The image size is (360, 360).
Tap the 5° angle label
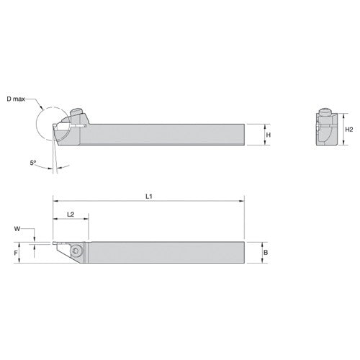(x=33, y=163)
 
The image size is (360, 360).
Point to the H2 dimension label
(x=349, y=130)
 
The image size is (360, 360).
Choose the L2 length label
(x=71, y=215)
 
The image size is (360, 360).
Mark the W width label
(x=17, y=230)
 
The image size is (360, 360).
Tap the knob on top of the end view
(x=325, y=113)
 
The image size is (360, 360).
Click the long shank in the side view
(x=166, y=135)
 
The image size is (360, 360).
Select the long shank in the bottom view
(x=166, y=251)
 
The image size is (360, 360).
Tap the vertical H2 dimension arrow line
(x=341, y=130)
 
